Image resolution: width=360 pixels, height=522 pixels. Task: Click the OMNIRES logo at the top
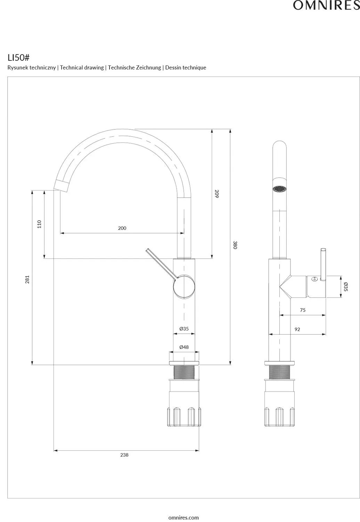(326, 5)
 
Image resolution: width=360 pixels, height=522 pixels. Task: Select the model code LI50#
(19, 58)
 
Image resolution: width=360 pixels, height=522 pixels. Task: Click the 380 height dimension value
(235, 245)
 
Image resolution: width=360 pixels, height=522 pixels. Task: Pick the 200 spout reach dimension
(122, 228)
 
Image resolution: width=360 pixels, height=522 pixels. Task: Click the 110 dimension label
(39, 224)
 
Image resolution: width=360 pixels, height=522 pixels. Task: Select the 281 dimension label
(27, 279)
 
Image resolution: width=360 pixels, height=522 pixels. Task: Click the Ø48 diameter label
(184, 347)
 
